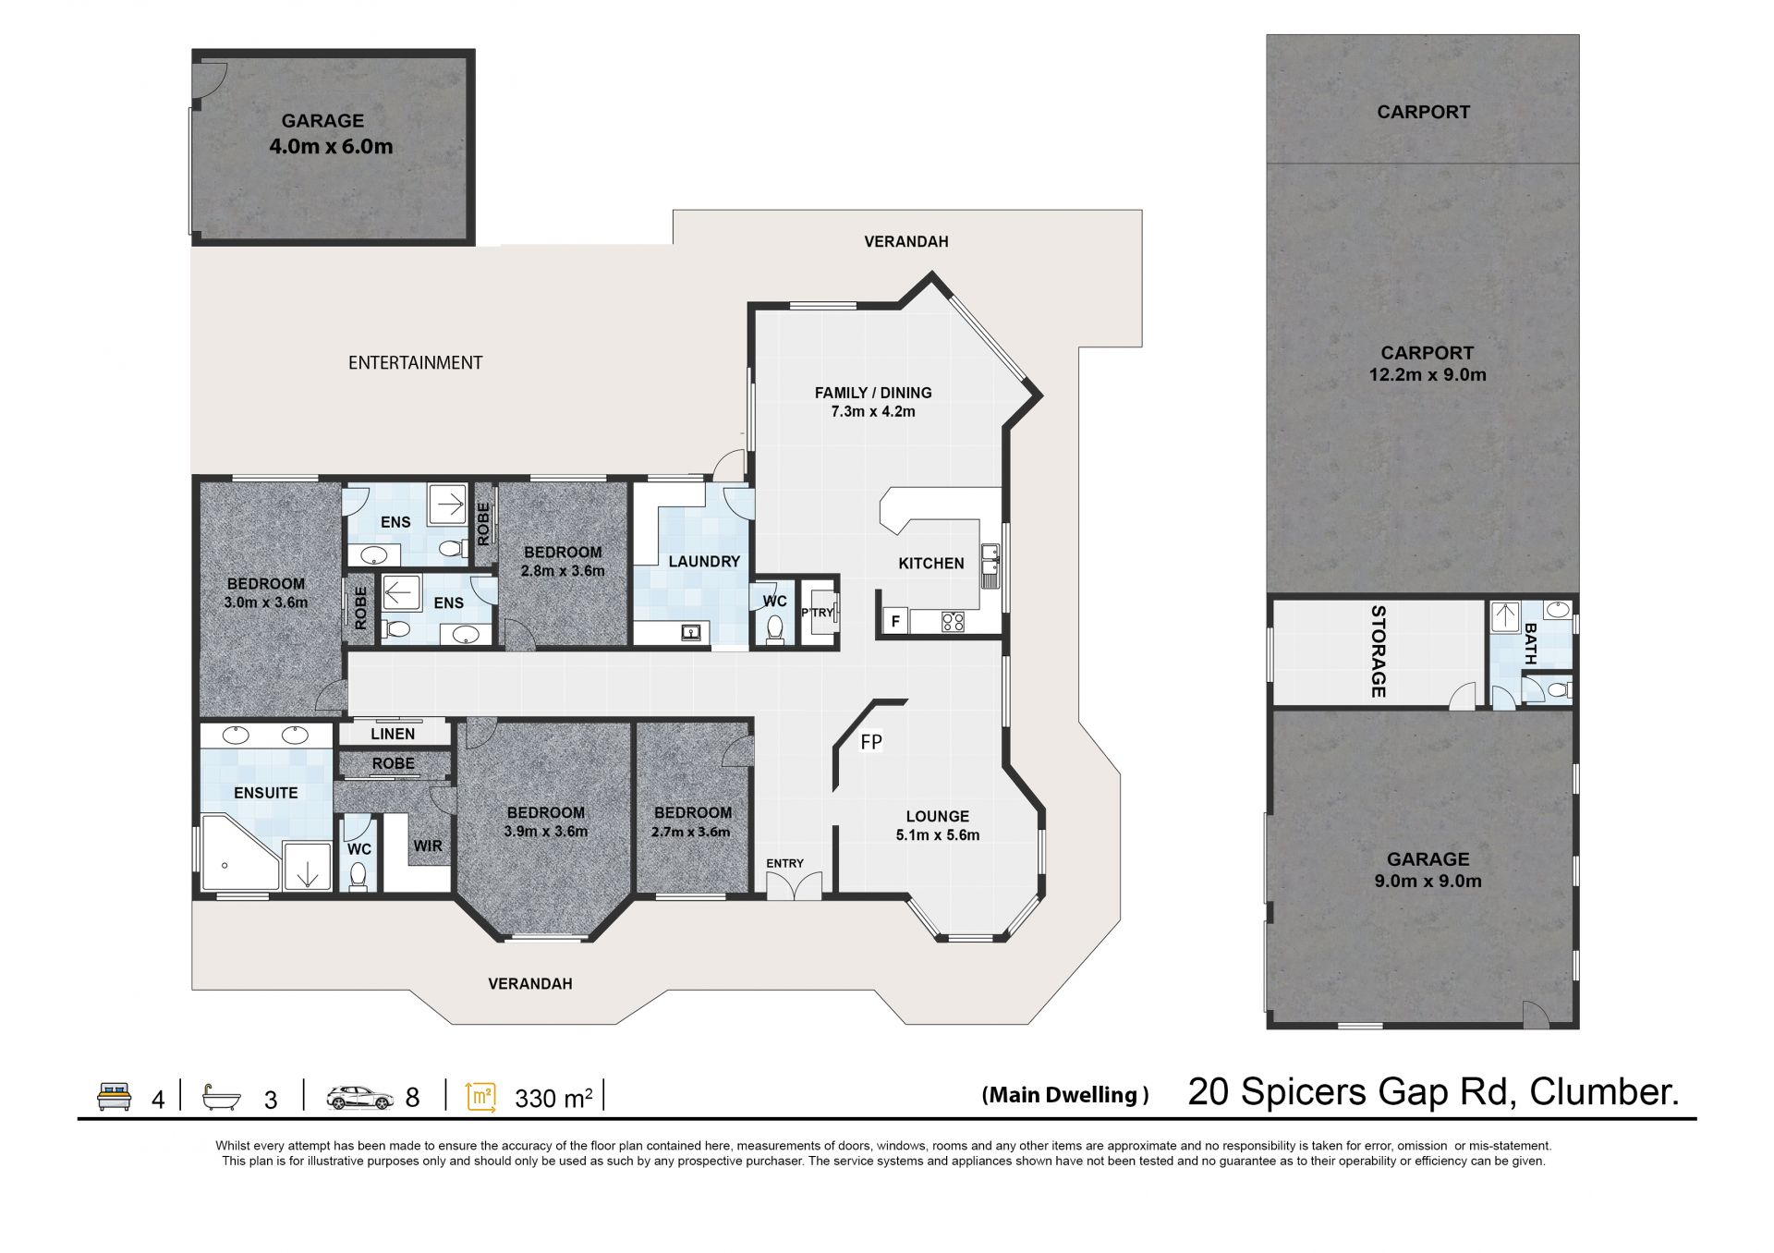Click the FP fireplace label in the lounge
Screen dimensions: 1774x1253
[870, 741]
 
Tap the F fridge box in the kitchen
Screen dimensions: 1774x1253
[895, 621]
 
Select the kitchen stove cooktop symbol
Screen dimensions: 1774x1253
[953, 622]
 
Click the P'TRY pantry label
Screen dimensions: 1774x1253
[818, 613]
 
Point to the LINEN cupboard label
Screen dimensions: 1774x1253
[393, 734]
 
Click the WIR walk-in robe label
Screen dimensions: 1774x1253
[428, 845]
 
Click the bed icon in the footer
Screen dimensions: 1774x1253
[115, 1096]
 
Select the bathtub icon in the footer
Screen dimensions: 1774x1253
[222, 1097]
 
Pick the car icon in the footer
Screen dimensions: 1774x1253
[359, 1097]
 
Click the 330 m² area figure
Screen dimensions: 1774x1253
[553, 1098]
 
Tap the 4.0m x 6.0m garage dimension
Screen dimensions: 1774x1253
[331, 146]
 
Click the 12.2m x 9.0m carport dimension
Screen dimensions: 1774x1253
[1428, 374]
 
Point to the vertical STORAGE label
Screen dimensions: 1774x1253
[1378, 651]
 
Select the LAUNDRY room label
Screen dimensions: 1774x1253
[704, 561]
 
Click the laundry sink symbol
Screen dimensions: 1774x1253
[690, 633]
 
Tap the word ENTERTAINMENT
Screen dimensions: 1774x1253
[415, 363]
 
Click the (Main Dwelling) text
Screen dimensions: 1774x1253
[1065, 1095]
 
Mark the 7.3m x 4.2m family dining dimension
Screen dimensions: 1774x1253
[873, 411]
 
